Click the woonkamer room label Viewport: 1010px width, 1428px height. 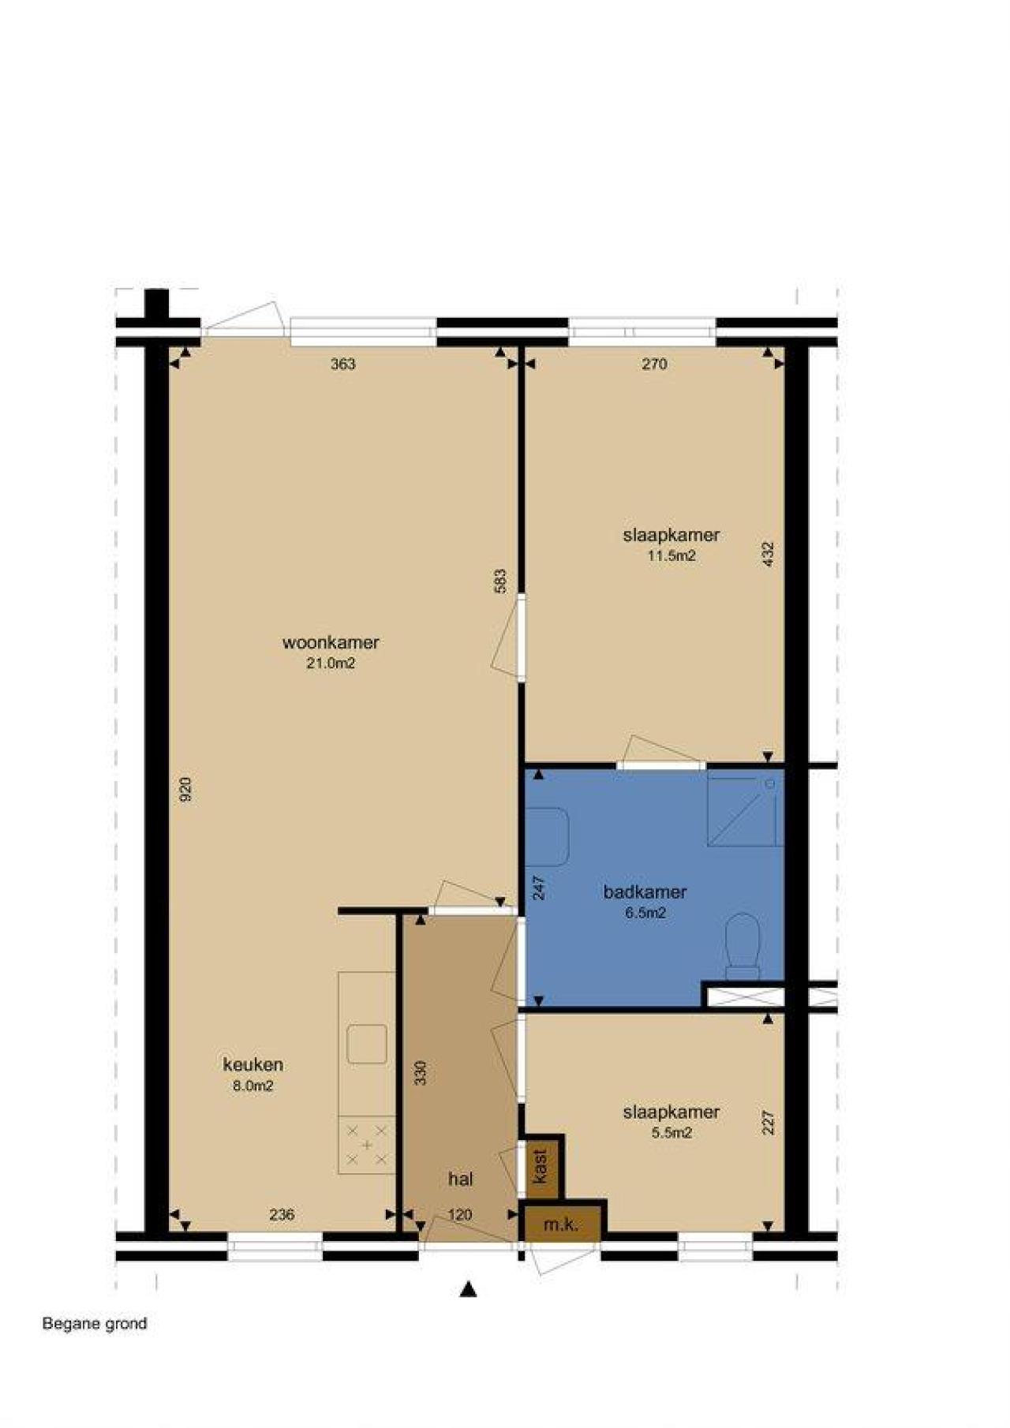click(x=331, y=642)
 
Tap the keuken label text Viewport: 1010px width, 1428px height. click(x=252, y=1064)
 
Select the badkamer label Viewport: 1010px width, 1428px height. click(x=645, y=892)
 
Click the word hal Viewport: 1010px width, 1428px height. click(x=461, y=1179)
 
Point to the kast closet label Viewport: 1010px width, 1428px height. click(x=541, y=1165)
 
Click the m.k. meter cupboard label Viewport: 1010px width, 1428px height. click(x=561, y=1224)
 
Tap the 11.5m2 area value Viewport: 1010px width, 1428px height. click(x=671, y=555)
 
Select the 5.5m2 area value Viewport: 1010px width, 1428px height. click(x=671, y=1133)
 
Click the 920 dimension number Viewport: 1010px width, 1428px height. click(x=185, y=790)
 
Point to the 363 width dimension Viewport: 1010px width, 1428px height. click(x=343, y=364)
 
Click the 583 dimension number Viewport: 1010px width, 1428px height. click(x=499, y=581)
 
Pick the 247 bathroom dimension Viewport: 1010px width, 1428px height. click(x=539, y=888)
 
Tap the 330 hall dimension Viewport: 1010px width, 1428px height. click(x=421, y=1072)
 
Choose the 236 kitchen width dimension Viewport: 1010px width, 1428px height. click(x=282, y=1214)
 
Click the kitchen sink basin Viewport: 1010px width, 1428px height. click(x=367, y=1044)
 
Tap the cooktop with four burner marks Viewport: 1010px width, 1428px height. click(x=367, y=1144)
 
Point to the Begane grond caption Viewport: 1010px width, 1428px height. click(x=95, y=1323)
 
